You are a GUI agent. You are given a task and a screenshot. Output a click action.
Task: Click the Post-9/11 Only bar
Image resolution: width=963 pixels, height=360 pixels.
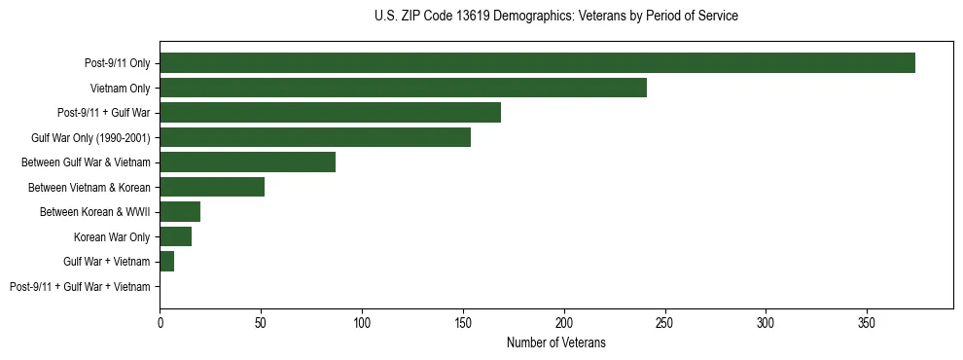click(537, 63)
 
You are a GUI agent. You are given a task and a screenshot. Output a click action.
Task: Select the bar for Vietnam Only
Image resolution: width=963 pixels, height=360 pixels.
click(403, 88)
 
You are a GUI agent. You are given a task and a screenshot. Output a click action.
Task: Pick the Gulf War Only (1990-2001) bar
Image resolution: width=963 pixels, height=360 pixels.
click(315, 137)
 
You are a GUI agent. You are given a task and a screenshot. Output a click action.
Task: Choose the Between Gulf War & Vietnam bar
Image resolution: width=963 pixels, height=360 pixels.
click(247, 162)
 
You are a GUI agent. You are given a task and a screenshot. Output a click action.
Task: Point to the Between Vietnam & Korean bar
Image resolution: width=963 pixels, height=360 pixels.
click(212, 187)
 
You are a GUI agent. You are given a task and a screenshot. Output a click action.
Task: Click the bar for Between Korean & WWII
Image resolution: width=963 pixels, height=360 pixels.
click(180, 212)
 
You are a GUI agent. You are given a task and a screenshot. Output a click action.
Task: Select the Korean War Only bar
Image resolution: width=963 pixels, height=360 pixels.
click(176, 236)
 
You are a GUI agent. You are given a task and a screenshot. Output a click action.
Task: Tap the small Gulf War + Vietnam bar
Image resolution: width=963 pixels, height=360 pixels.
click(167, 262)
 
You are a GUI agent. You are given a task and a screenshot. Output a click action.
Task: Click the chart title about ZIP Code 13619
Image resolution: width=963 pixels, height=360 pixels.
click(555, 17)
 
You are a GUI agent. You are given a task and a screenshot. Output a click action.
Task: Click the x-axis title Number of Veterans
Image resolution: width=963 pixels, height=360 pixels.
click(555, 342)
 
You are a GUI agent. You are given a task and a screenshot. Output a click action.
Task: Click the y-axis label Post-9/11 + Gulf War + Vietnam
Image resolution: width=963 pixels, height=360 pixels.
click(80, 287)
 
